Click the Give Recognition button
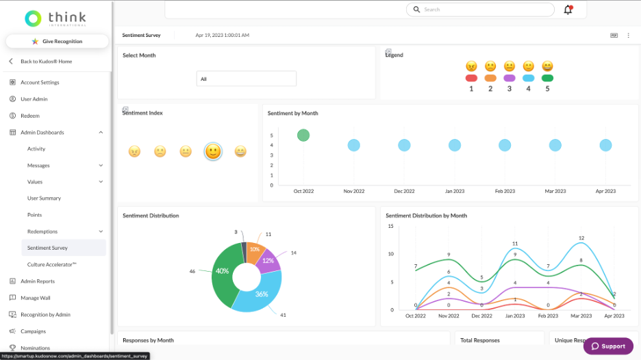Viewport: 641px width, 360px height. (x=57, y=41)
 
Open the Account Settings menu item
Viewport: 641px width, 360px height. (x=40, y=82)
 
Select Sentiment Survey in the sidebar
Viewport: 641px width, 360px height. (x=47, y=248)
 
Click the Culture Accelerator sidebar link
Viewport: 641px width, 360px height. (x=51, y=264)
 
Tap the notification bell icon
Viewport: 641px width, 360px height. (x=568, y=10)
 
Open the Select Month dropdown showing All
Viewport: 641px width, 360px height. (x=246, y=79)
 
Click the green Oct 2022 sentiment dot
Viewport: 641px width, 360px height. (x=303, y=136)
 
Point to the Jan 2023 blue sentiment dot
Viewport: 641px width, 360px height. (x=455, y=145)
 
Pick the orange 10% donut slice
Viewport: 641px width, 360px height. (x=255, y=249)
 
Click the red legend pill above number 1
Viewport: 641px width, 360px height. (x=471, y=78)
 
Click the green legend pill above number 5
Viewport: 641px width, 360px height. (x=547, y=78)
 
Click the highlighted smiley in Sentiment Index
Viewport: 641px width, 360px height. (x=213, y=151)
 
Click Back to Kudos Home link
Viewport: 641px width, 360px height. (x=46, y=62)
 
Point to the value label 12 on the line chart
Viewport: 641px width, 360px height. (x=581, y=238)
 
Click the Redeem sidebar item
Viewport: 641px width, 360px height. (x=30, y=116)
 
